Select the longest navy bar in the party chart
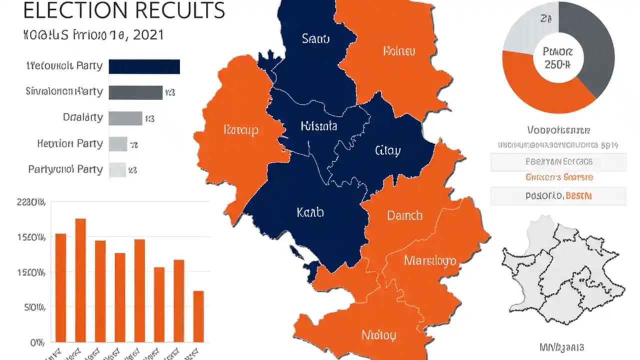pos(144,66)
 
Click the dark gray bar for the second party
pos(135,92)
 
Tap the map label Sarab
pos(316,38)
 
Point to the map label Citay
pos(387,150)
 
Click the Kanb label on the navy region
pos(310,212)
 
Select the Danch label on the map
pos(404,215)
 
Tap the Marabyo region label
pos(429,260)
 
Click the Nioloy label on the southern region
pos(379,334)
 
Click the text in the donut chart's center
pos(558,58)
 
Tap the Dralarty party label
pos(83,118)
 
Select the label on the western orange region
pos(241,130)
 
